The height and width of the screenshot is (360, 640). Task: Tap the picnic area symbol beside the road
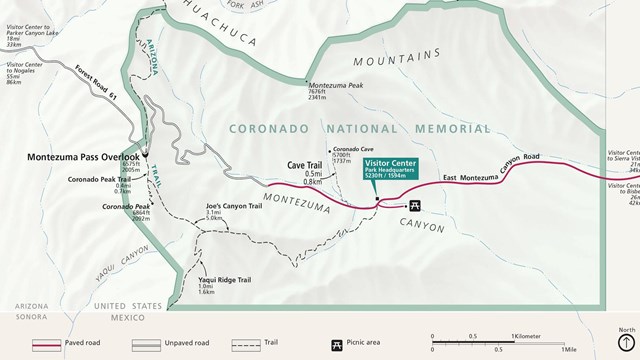[416, 206]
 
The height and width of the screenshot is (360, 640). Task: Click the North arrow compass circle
[626, 343]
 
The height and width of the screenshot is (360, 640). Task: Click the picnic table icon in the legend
[337, 345]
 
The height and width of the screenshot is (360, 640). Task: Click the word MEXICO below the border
[128, 317]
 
